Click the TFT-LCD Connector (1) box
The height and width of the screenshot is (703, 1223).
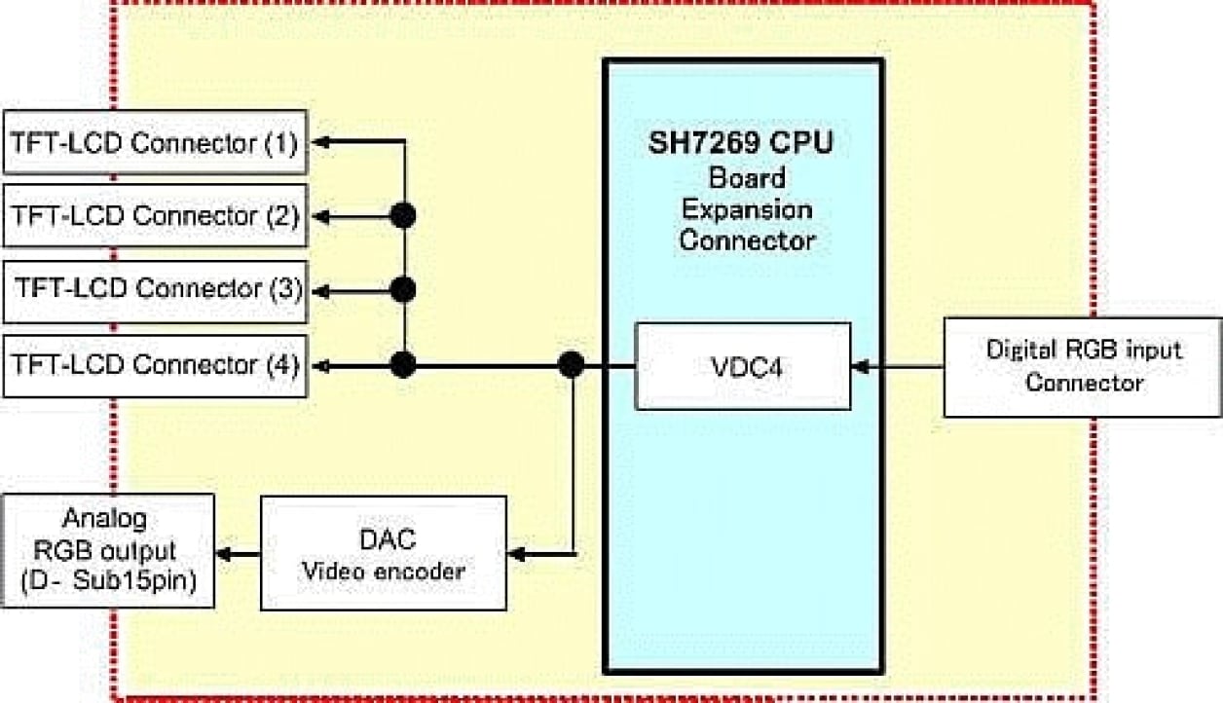point(156,142)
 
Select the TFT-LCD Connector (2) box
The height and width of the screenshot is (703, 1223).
point(156,215)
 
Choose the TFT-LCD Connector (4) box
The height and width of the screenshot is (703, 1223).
point(156,365)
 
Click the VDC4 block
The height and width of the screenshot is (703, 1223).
point(742,366)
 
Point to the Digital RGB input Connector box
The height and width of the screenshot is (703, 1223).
point(1083,366)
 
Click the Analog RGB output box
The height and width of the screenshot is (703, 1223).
point(108,551)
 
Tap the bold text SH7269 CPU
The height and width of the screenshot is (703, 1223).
point(742,144)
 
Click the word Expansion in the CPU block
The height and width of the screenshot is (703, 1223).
point(746,208)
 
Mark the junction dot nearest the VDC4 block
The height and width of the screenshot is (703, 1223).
point(572,365)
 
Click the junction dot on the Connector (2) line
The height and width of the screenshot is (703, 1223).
point(403,215)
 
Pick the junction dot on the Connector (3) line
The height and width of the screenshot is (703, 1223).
point(403,290)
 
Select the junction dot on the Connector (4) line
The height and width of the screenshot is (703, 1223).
point(403,365)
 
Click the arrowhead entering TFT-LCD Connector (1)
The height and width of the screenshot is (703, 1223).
point(317,142)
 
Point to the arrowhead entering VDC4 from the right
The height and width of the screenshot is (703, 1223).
point(860,367)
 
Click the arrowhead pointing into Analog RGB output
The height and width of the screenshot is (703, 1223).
point(223,554)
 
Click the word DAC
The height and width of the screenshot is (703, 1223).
point(383,539)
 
